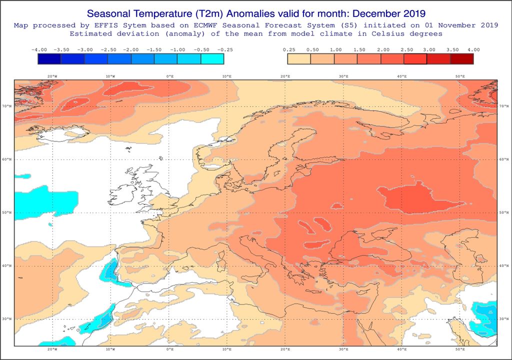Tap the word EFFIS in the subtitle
pyautogui.click(x=99, y=25)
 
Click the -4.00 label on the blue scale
pyautogui.click(x=39, y=50)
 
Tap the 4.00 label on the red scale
pyautogui.click(x=473, y=50)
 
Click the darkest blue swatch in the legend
pyautogui.click(x=49, y=59)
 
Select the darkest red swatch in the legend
pyautogui.click(x=461, y=59)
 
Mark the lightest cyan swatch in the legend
pyautogui.click(x=212, y=59)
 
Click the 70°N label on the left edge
pyautogui.click(x=7, y=106)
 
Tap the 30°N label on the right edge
pyautogui.click(x=503, y=319)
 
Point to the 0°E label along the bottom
pyautogui.click(x=169, y=349)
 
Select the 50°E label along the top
pyautogui.click(x=460, y=76)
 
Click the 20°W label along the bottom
pyautogui.click(x=51, y=349)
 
